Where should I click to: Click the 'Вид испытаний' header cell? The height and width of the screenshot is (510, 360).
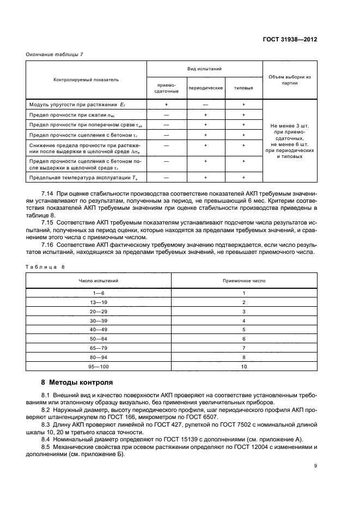pyautogui.click(x=204, y=70)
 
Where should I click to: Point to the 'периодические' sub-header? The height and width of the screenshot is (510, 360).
pyautogui.click(x=206, y=88)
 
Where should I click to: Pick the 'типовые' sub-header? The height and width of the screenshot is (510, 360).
pyautogui.click(x=243, y=88)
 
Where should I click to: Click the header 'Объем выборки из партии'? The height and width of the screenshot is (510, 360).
pyautogui.click(x=290, y=80)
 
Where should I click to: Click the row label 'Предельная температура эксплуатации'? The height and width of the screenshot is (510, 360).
pyautogui.click(x=76, y=178)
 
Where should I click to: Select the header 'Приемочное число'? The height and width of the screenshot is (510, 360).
pyautogui.click(x=244, y=280)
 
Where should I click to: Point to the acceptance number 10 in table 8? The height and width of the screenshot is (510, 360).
pyautogui.click(x=244, y=367)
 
